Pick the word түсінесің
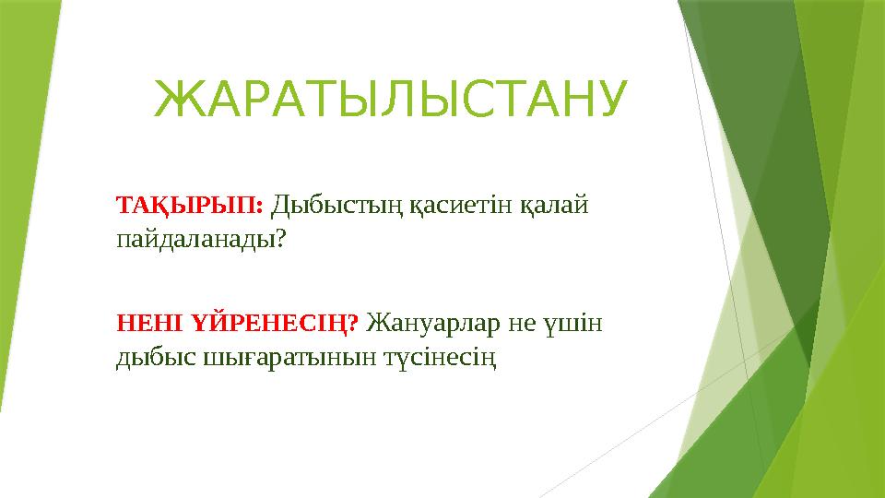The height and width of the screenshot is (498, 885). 442,359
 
